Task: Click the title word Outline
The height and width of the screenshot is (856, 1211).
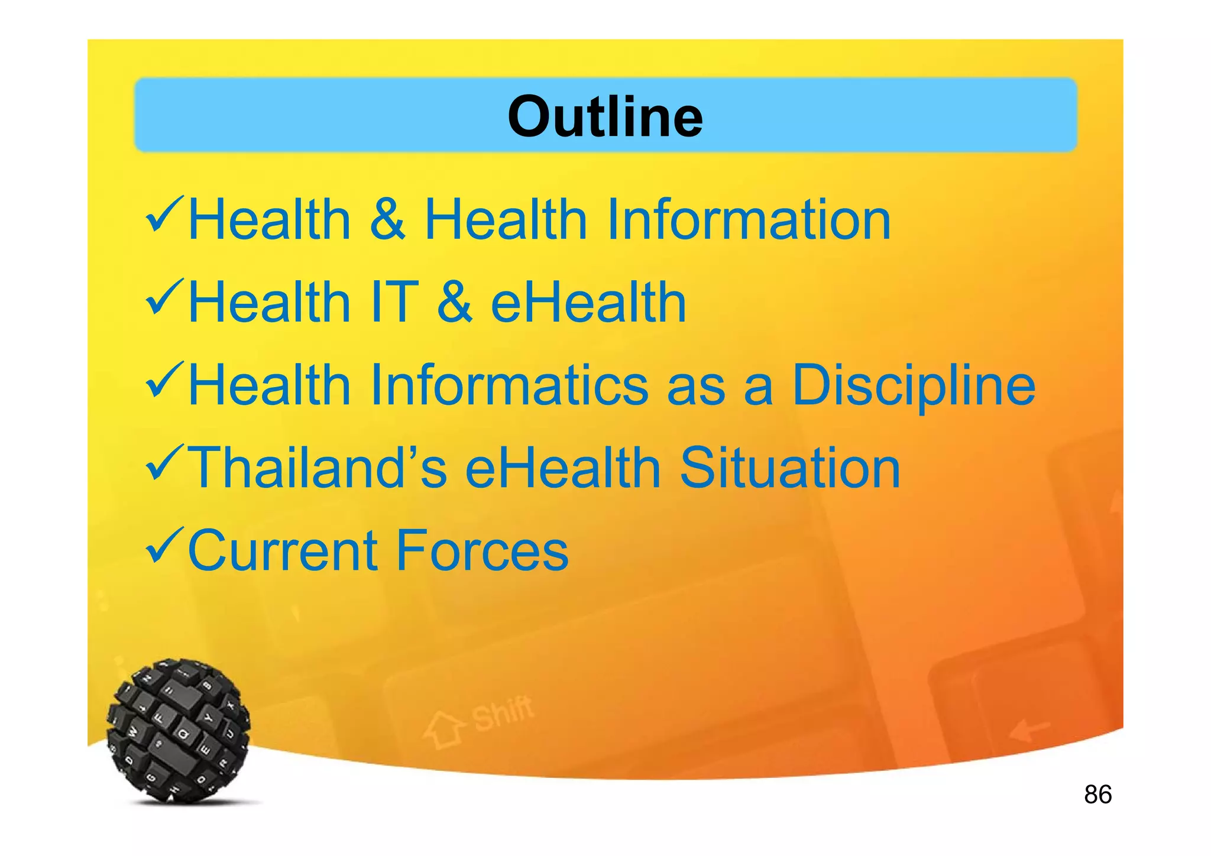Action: point(605,116)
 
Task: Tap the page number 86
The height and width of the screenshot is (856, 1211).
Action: point(1097,795)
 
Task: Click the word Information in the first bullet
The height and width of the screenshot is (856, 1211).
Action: point(748,220)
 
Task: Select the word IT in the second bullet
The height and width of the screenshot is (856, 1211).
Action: point(394,303)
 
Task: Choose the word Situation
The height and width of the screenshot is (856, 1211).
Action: point(790,468)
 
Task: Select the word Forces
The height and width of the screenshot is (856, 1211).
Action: point(482,551)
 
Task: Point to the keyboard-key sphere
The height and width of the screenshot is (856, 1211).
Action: point(178,731)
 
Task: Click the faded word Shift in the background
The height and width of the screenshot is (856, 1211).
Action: point(503,712)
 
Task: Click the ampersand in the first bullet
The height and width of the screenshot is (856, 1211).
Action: point(387,220)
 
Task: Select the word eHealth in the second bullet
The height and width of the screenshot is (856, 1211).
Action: point(588,303)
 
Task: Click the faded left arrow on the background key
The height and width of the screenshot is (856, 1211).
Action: point(1029,731)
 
